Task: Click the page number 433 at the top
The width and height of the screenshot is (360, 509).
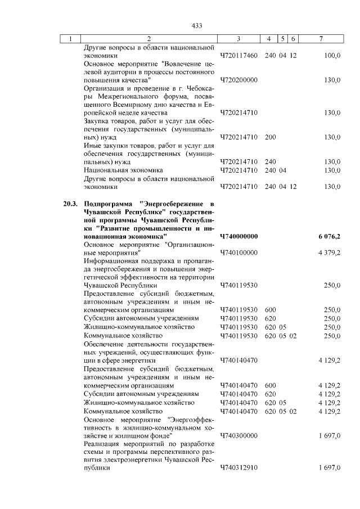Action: click(196, 26)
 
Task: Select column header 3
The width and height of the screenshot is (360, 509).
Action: click(238, 39)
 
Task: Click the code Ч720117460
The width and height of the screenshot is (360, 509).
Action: click(238, 56)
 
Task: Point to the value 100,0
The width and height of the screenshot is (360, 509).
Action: click(332, 56)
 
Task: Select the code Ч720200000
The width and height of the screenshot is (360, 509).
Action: click(238, 80)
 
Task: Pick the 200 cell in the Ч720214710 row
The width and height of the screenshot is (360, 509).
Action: click(270, 137)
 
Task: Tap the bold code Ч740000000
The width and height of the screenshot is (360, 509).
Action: click(238, 236)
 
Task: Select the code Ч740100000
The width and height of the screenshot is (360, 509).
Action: click(238, 253)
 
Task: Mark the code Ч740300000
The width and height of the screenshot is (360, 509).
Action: click(238, 435)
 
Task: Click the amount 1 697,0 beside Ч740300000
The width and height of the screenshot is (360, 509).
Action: click(330, 435)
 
